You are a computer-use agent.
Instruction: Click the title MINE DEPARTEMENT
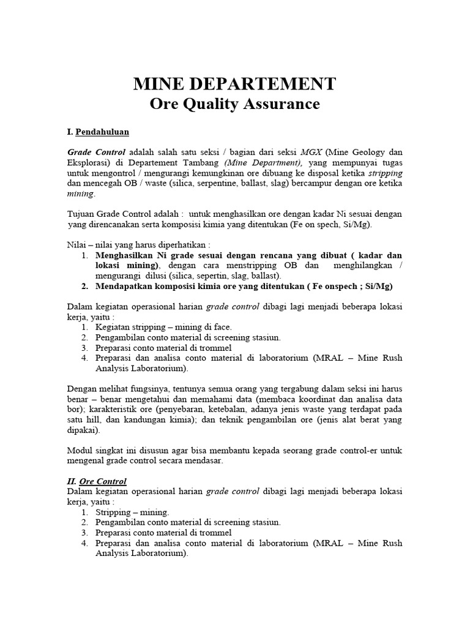(234, 83)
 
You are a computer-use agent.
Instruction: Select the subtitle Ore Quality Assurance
(234, 104)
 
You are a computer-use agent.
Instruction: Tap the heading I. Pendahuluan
(98, 132)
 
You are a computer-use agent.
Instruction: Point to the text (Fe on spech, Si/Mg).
(329, 224)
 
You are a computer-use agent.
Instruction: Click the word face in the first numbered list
(222, 327)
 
